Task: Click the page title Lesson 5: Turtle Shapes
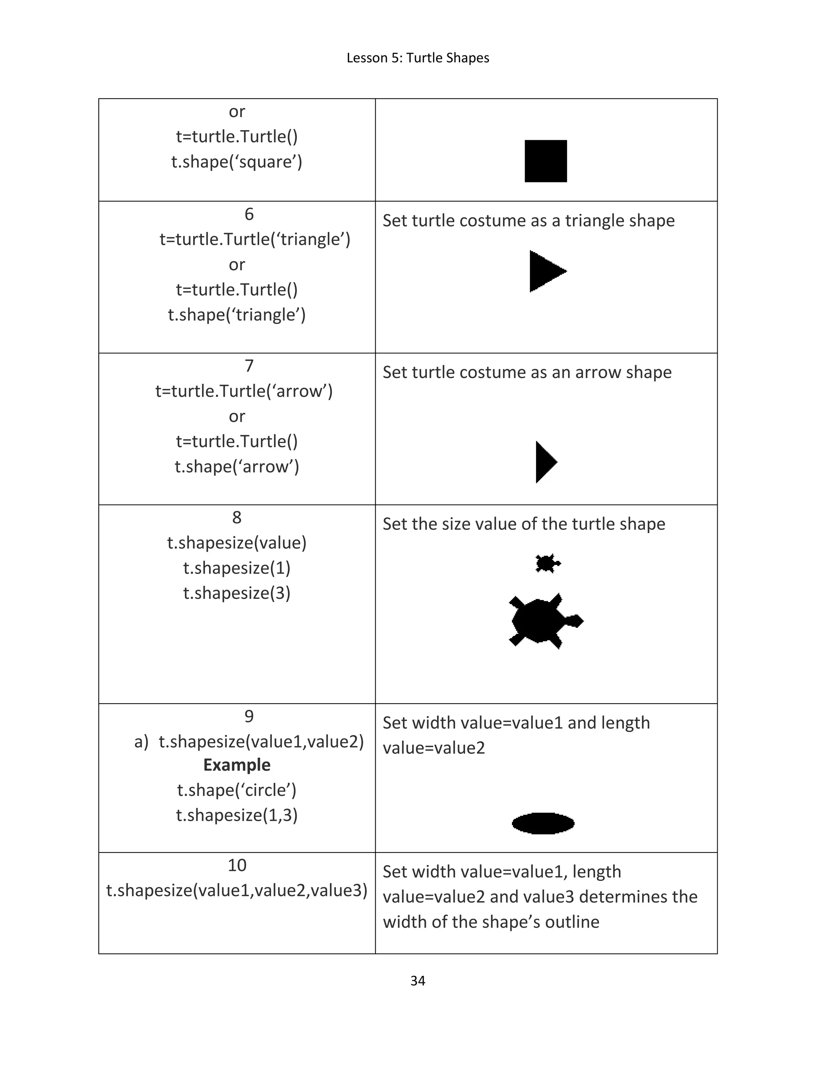[x=418, y=58]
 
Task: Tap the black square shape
[x=545, y=161]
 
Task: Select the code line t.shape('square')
[x=237, y=162]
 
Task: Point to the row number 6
[x=249, y=214]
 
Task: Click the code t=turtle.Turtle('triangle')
[x=255, y=239]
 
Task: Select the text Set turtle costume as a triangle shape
[x=529, y=220]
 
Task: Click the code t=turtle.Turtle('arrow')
[x=244, y=391]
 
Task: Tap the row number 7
[x=249, y=366]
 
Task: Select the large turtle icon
[x=545, y=621]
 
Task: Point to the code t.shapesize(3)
[x=237, y=593]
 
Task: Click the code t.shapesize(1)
[x=237, y=568]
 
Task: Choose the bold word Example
[x=237, y=765]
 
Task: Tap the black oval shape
[x=543, y=823]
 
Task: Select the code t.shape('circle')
[x=237, y=790]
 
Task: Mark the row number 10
[x=237, y=865]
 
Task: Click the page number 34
[x=418, y=981]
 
